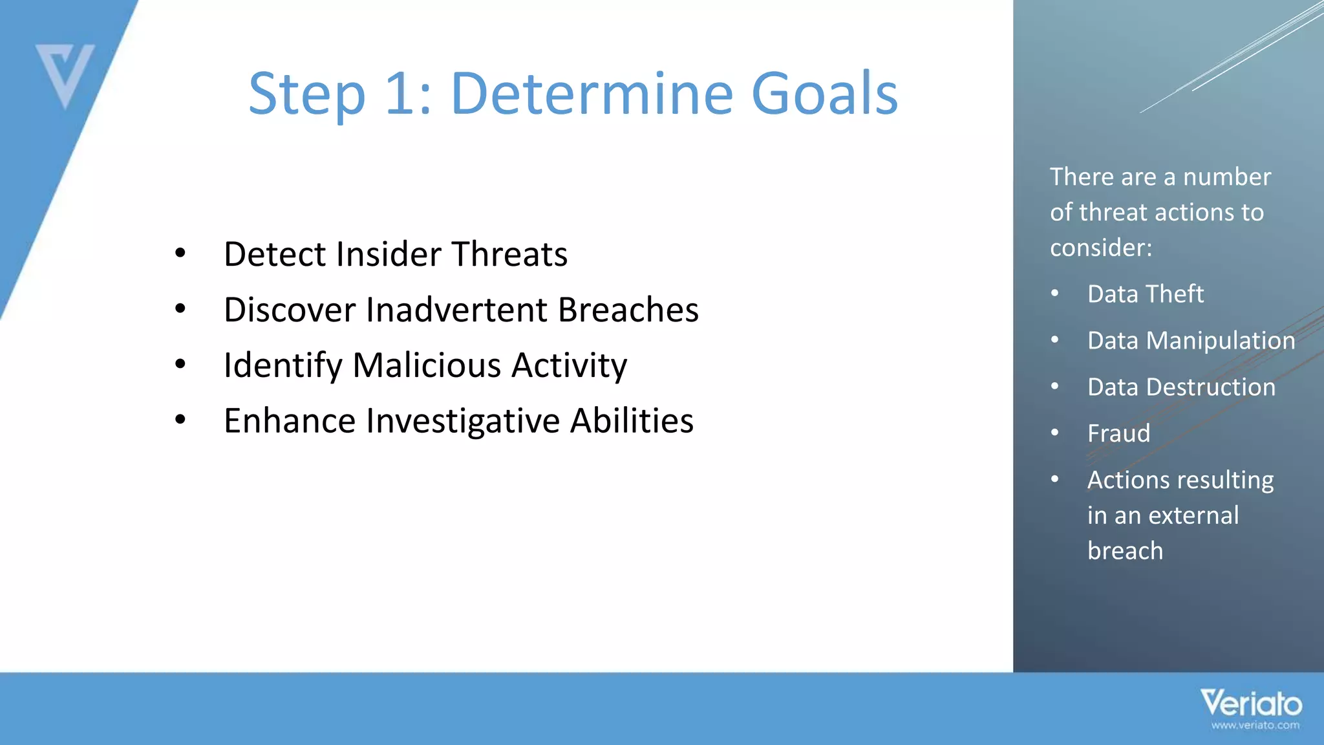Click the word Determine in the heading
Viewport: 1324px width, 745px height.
[592, 94]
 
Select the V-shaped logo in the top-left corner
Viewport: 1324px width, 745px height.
[65, 74]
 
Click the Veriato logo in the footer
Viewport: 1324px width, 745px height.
[1251, 703]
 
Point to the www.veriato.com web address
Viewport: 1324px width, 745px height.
[1255, 726]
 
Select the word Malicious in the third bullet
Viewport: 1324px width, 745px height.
[427, 365]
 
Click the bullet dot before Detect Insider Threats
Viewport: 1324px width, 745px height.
[180, 254]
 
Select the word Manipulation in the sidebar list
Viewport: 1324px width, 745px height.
[1220, 341]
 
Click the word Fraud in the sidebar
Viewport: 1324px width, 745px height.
[1118, 433]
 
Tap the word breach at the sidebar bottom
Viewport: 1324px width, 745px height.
[1125, 551]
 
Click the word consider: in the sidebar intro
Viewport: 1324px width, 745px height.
[1100, 248]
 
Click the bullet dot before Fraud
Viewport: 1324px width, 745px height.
[1055, 433]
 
